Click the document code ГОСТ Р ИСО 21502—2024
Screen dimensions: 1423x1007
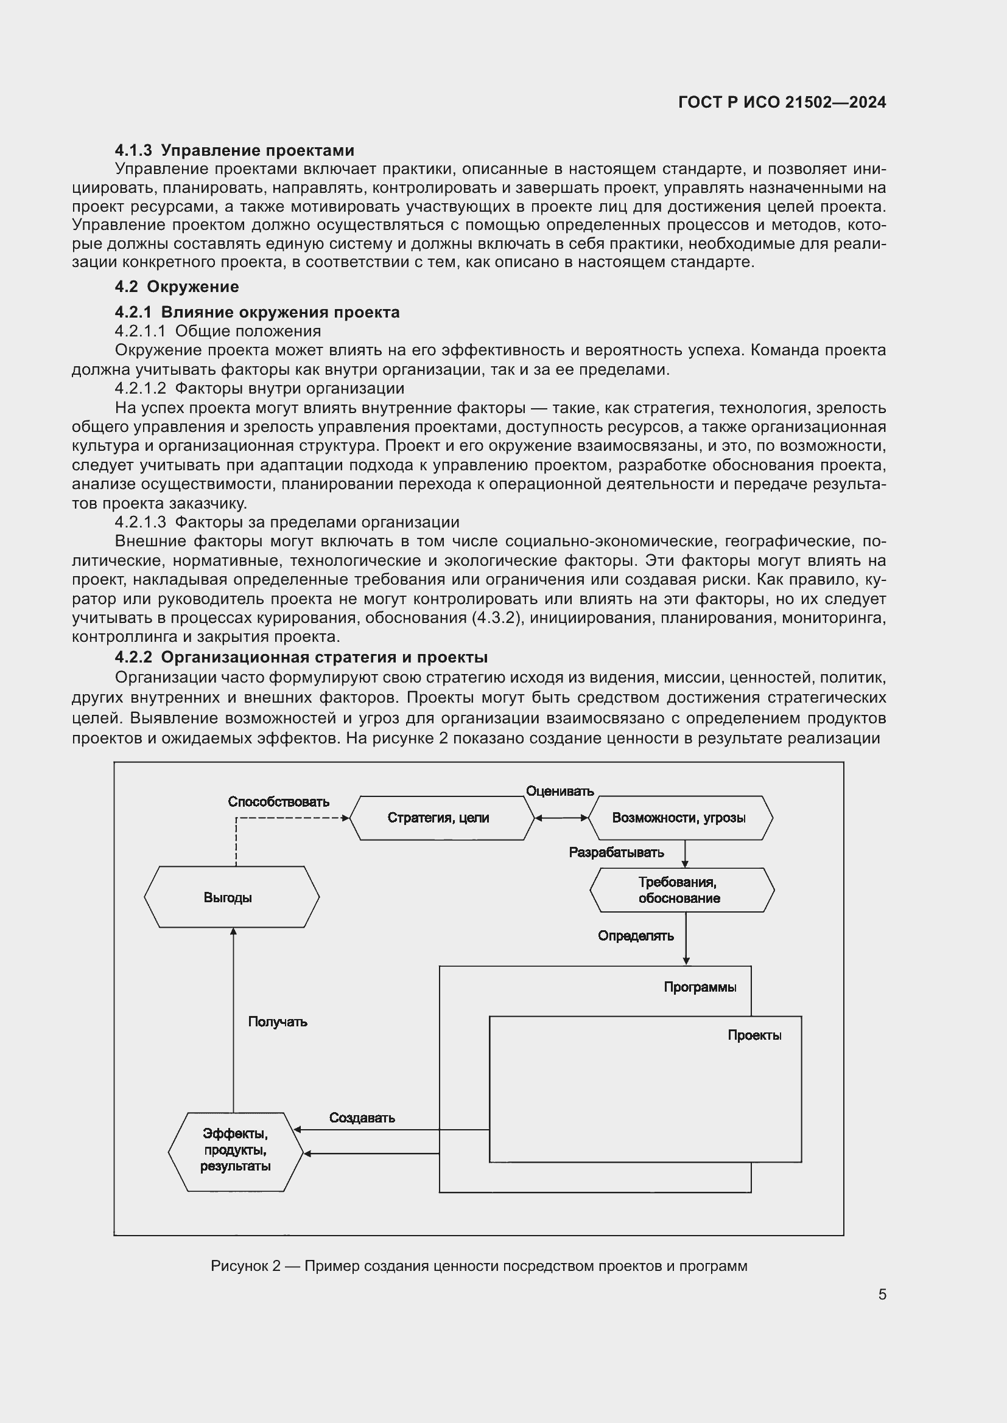tap(782, 103)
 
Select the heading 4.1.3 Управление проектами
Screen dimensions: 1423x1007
tap(234, 151)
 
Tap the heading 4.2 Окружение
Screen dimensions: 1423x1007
tap(177, 287)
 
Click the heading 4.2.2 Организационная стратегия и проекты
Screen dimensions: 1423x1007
tap(301, 657)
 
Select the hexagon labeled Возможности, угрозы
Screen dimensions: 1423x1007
tap(679, 818)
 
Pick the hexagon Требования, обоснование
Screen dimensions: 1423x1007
tap(681, 890)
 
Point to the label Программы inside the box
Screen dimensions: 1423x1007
tap(700, 987)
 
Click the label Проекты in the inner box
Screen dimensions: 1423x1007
tap(754, 1035)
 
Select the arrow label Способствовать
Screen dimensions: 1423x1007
tap(278, 802)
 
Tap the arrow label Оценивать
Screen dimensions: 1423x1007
tap(560, 792)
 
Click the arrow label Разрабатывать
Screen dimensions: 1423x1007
tap(616, 853)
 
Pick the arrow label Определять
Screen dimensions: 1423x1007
tap(636, 936)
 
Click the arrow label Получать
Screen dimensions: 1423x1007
tap(278, 1022)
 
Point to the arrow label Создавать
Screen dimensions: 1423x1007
tap(362, 1118)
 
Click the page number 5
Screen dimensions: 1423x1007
tap(882, 1294)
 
